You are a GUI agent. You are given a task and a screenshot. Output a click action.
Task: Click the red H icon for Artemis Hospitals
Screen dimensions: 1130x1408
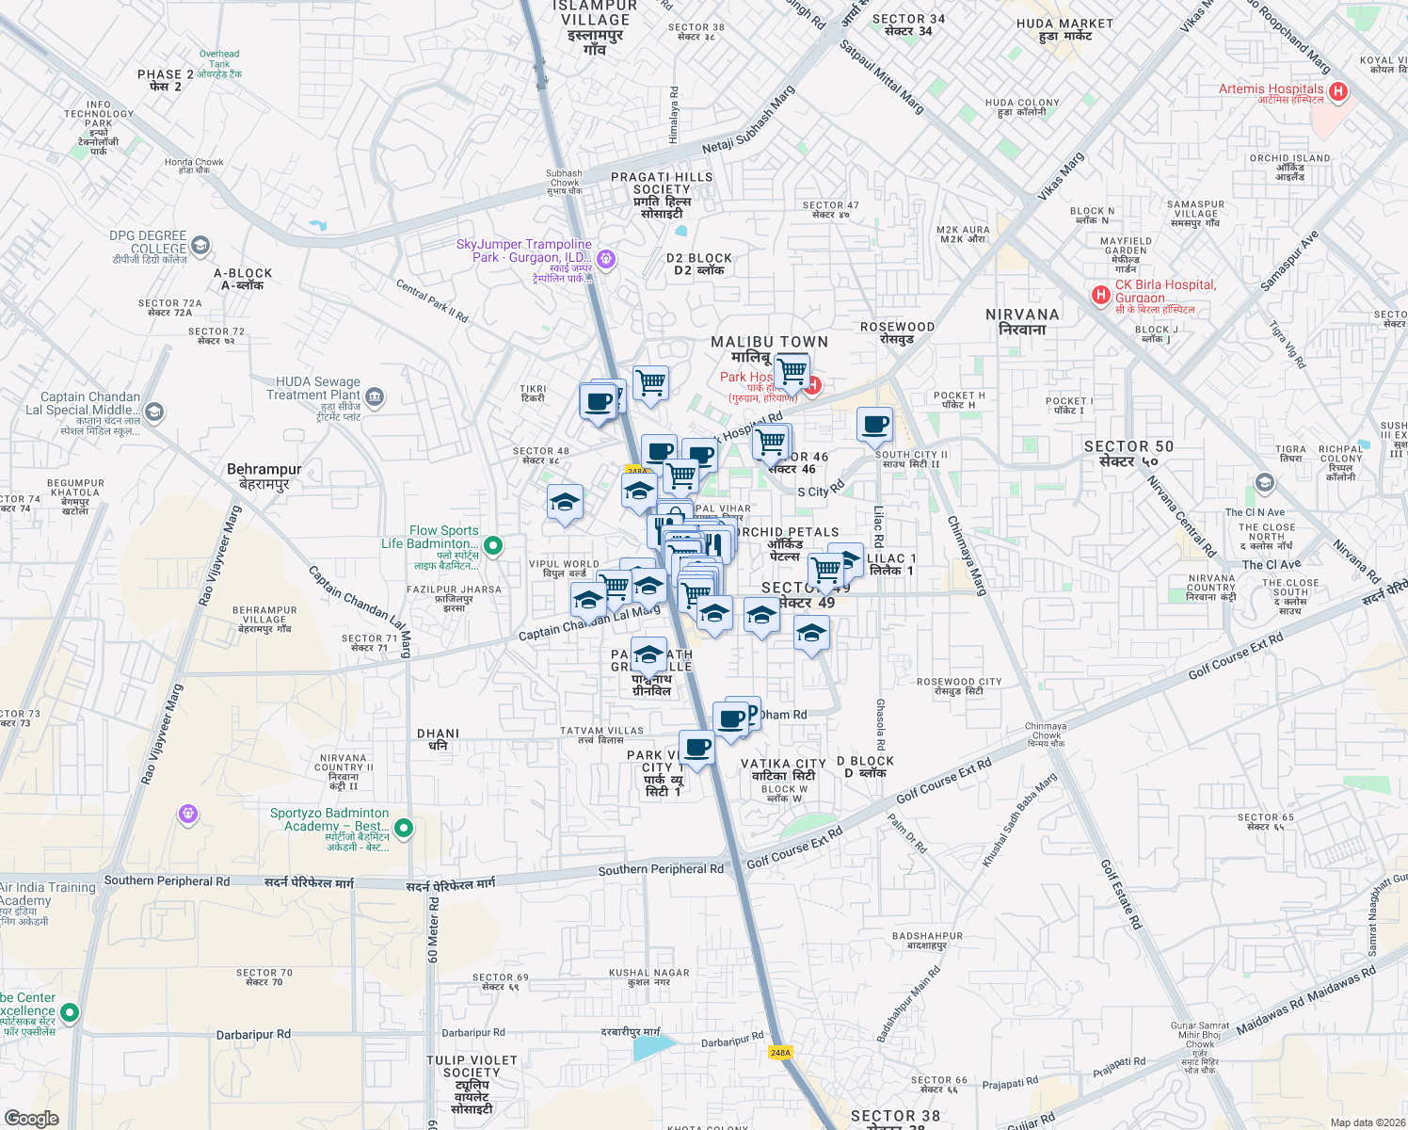click(x=1338, y=92)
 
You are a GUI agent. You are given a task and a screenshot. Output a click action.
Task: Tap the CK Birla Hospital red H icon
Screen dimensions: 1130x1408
click(x=1099, y=296)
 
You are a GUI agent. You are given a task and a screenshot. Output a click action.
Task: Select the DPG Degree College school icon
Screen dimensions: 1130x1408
click(x=200, y=246)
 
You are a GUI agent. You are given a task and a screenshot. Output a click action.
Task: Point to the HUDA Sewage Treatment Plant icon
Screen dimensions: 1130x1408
click(x=375, y=395)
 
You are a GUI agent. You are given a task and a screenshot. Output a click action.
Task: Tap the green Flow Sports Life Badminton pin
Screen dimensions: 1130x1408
click(x=492, y=545)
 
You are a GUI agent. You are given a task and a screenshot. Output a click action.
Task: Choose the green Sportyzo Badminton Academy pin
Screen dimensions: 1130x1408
click(x=404, y=828)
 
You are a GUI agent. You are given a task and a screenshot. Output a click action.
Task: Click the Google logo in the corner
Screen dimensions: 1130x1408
click(x=31, y=1118)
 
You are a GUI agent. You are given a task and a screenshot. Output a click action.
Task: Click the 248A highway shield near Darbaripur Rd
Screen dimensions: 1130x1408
click(x=779, y=1052)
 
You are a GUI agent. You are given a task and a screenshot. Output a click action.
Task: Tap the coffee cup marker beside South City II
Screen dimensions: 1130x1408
click(x=874, y=424)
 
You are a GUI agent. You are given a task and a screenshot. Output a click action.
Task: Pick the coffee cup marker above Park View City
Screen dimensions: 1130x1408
click(x=696, y=748)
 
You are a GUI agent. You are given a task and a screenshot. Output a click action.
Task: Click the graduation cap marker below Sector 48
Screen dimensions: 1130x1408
click(x=565, y=502)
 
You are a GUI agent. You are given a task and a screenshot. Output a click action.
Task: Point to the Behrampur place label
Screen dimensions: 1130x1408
click(x=264, y=476)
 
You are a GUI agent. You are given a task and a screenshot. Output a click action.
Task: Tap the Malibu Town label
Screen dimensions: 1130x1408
click(x=769, y=348)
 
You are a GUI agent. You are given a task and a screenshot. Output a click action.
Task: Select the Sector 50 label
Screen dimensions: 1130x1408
click(x=1128, y=453)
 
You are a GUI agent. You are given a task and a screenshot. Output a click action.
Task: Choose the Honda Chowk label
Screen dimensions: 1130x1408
click(x=194, y=166)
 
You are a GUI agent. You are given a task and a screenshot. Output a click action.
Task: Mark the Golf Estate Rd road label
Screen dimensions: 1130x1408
click(x=1121, y=895)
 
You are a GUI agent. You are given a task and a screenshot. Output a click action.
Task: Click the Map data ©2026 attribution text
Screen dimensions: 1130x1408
click(x=1364, y=1122)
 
